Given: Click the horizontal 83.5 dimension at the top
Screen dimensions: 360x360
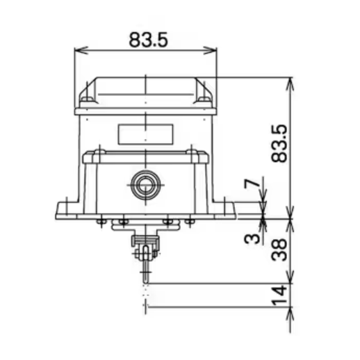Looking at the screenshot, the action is (148, 40).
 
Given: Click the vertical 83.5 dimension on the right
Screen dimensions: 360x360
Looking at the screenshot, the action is (279, 144).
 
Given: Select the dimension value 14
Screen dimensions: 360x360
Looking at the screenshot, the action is (279, 295).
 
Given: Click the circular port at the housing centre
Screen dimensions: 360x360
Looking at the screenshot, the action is (145, 185).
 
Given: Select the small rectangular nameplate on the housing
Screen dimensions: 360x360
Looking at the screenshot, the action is (145, 134).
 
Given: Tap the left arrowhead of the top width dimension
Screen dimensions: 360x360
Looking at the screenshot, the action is (81, 50).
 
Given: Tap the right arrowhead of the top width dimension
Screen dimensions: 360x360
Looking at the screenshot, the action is (210, 50).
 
